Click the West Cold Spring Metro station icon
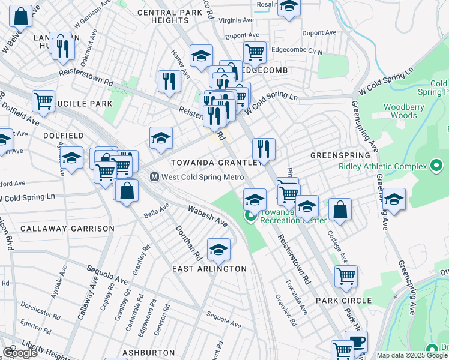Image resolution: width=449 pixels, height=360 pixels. [154, 177]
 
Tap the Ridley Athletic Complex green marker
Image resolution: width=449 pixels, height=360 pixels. [436, 166]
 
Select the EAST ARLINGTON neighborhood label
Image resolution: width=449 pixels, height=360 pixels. [209, 268]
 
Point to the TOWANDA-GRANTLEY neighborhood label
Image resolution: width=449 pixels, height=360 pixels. [215, 163]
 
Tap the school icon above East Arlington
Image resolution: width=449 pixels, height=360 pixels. [218, 250]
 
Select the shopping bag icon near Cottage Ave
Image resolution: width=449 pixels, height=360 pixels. [340, 210]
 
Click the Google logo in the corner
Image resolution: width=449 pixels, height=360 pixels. [20, 353]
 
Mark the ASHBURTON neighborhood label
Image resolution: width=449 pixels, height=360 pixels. [143, 352]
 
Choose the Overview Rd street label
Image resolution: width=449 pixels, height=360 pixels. [286, 310]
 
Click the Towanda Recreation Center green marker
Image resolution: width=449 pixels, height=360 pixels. [249, 216]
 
